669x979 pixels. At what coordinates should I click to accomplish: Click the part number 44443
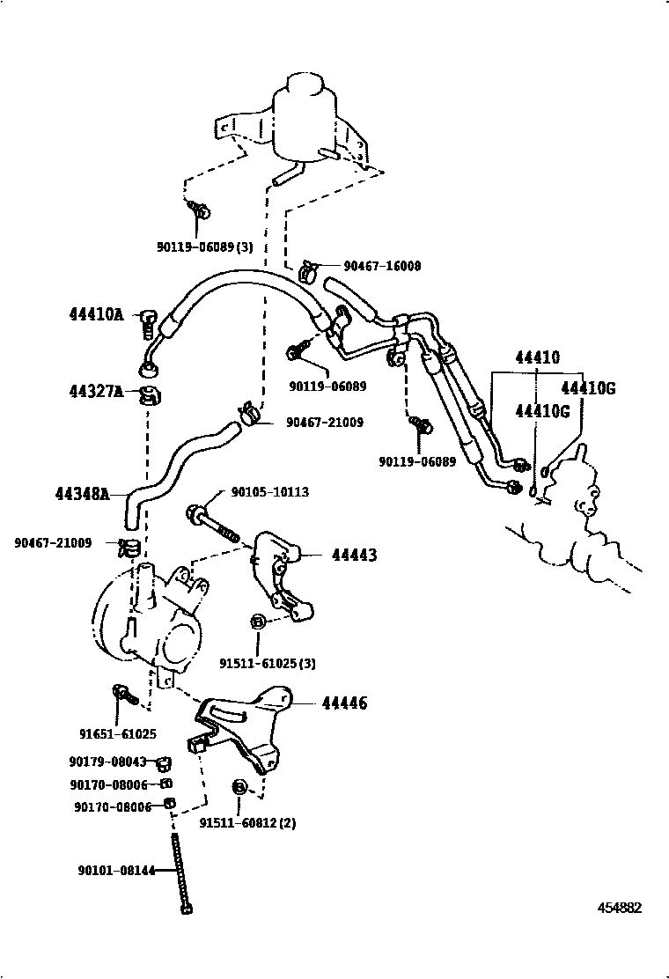point(354,556)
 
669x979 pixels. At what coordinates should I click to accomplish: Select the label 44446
point(344,703)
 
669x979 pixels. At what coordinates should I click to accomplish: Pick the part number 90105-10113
point(270,492)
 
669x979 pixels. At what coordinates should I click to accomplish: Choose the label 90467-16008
point(382,265)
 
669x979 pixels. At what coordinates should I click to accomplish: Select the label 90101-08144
point(114,871)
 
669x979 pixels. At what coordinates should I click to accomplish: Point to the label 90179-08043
point(107,762)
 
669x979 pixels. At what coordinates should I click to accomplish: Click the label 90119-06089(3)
point(204,247)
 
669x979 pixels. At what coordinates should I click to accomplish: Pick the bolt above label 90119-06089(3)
point(200,211)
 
